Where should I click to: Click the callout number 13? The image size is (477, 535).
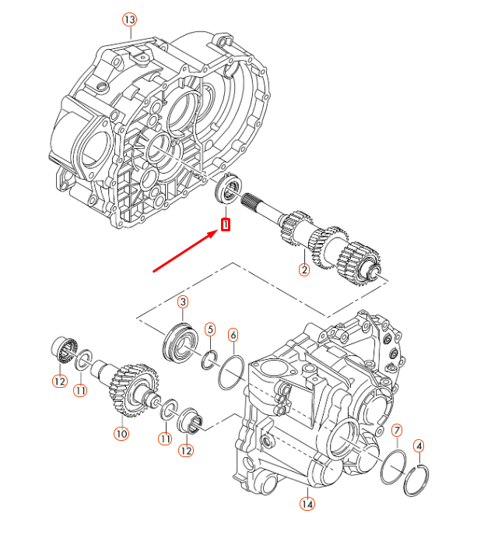click(x=129, y=18)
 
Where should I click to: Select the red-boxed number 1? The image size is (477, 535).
click(x=226, y=225)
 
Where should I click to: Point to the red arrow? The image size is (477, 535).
click(x=187, y=250)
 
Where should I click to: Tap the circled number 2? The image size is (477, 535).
click(x=304, y=270)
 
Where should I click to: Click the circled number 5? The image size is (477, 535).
click(x=209, y=329)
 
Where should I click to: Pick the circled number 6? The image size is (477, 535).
click(x=233, y=336)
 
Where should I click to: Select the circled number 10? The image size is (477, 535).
click(x=121, y=434)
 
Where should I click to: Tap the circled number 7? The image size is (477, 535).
click(x=397, y=430)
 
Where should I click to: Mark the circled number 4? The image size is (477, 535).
click(x=419, y=446)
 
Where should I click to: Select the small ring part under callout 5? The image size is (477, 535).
click(x=208, y=359)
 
